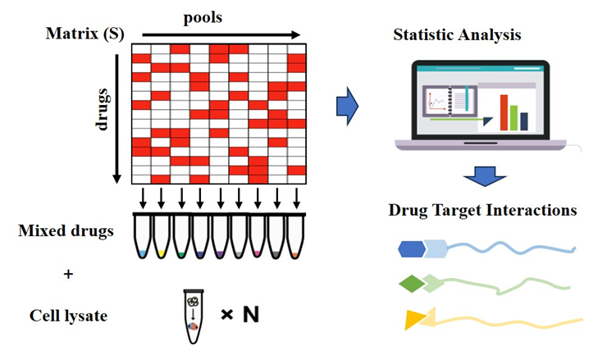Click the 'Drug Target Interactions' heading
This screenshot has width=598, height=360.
[x=482, y=210]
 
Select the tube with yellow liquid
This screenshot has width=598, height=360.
[x=161, y=238]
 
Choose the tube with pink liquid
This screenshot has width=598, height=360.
[x=258, y=238]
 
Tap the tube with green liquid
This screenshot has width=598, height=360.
[x=180, y=238]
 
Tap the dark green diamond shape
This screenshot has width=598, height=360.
[x=413, y=284]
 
